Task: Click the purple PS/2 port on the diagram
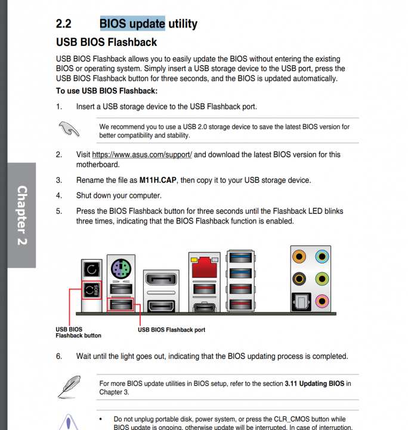(120, 269)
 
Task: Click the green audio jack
(322, 278)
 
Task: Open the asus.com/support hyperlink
(142, 155)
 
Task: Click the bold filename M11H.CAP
(157, 180)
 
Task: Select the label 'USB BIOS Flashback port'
(171, 330)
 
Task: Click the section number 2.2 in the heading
(64, 24)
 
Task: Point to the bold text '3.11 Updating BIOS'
(314, 383)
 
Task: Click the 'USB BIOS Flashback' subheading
(106, 42)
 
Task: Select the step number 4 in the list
(59, 195)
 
